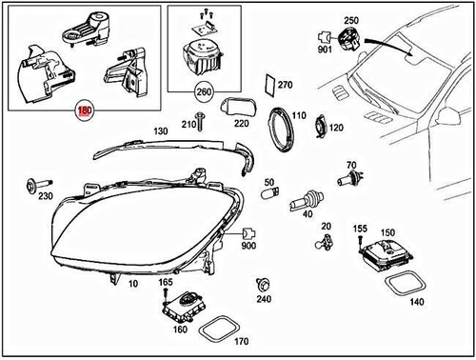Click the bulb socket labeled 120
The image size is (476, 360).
324,128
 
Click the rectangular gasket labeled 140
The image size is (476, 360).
405,283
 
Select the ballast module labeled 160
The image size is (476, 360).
181,306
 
